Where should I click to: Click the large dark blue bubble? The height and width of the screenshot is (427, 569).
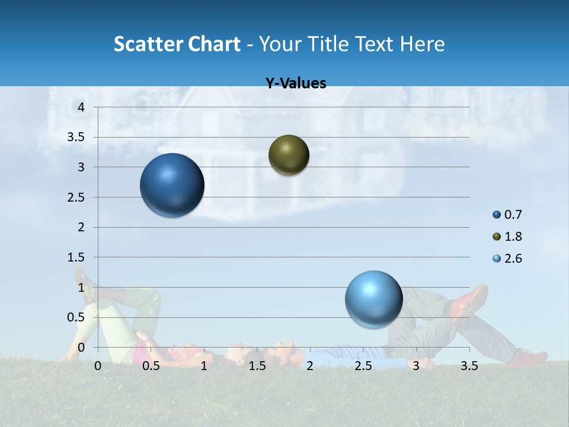tap(172, 185)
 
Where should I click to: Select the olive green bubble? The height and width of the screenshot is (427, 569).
tap(289, 155)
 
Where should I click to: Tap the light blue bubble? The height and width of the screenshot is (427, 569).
tap(373, 299)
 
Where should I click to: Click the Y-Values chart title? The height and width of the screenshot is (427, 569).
tap(296, 84)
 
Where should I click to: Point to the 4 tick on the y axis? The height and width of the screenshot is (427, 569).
tap(82, 107)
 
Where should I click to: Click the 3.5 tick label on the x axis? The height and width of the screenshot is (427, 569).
tap(469, 366)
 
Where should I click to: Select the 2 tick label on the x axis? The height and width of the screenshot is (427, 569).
tap(310, 366)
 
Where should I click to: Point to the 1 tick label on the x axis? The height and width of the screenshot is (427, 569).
tap(204, 366)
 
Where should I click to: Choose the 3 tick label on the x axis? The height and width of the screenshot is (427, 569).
tap(416, 366)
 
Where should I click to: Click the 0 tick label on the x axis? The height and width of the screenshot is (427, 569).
tap(98, 366)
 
